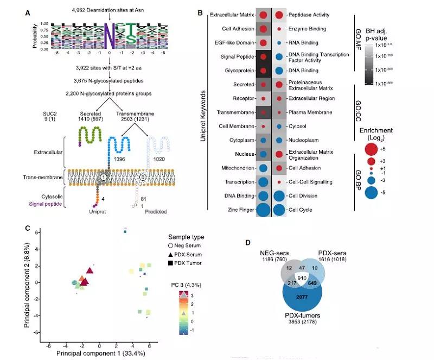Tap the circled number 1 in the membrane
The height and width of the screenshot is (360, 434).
103,177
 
